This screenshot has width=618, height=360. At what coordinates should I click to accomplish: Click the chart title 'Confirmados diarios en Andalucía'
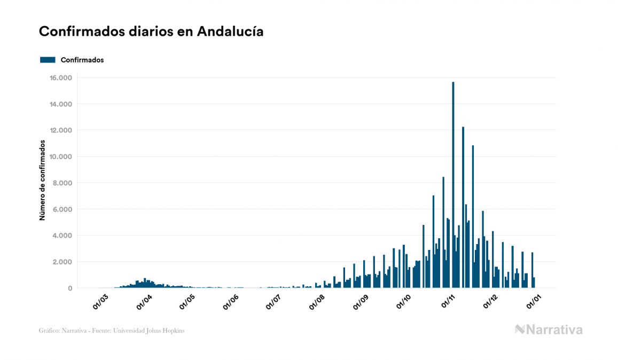[x=151, y=32]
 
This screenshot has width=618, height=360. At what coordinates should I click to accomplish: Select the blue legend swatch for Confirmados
[x=48, y=60]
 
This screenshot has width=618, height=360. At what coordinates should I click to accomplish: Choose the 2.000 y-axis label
[x=61, y=262]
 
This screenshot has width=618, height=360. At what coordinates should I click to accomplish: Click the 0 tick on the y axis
[x=69, y=288]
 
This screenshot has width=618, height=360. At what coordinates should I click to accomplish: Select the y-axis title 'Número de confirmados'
[x=42, y=181]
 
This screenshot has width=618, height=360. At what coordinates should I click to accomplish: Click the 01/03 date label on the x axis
[x=101, y=302]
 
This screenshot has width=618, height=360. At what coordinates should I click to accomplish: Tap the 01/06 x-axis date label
[x=231, y=302]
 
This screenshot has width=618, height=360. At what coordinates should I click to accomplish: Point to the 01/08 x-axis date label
[x=317, y=302]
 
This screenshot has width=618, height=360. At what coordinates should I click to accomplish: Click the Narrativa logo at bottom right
[x=549, y=330]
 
